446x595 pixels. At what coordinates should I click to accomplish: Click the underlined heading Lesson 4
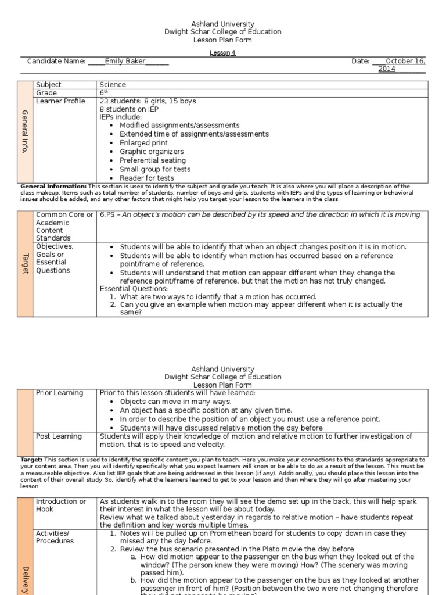(x=222, y=52)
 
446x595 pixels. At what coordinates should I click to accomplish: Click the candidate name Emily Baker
(x=125, y=61)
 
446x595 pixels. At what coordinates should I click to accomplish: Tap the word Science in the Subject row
(x=113, y=85)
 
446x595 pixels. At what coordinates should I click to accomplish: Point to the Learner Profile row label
(x=60, y=101)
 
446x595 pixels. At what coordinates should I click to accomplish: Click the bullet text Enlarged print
(x=143, y=143)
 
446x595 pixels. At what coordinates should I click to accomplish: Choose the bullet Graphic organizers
(x=152, y=152)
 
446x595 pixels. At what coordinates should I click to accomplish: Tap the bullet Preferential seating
(x=153, y=160)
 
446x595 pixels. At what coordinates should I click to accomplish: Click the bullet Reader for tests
(x=146, y=178)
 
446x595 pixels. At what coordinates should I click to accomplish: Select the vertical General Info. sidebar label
(x=25, y=131)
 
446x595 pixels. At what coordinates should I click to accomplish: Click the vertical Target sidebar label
(x=25, y=263)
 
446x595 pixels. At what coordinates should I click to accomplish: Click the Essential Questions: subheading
(x=134, y=289)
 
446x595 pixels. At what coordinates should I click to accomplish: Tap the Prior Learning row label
(x=59, y=393)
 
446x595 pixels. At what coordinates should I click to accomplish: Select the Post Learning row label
(x=59, y=436)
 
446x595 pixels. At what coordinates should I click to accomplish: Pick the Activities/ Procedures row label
(x=55, y=537)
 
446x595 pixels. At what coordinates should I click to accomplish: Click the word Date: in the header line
(x=360, y=61)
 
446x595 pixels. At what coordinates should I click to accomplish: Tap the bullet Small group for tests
(x=155, y=169)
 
